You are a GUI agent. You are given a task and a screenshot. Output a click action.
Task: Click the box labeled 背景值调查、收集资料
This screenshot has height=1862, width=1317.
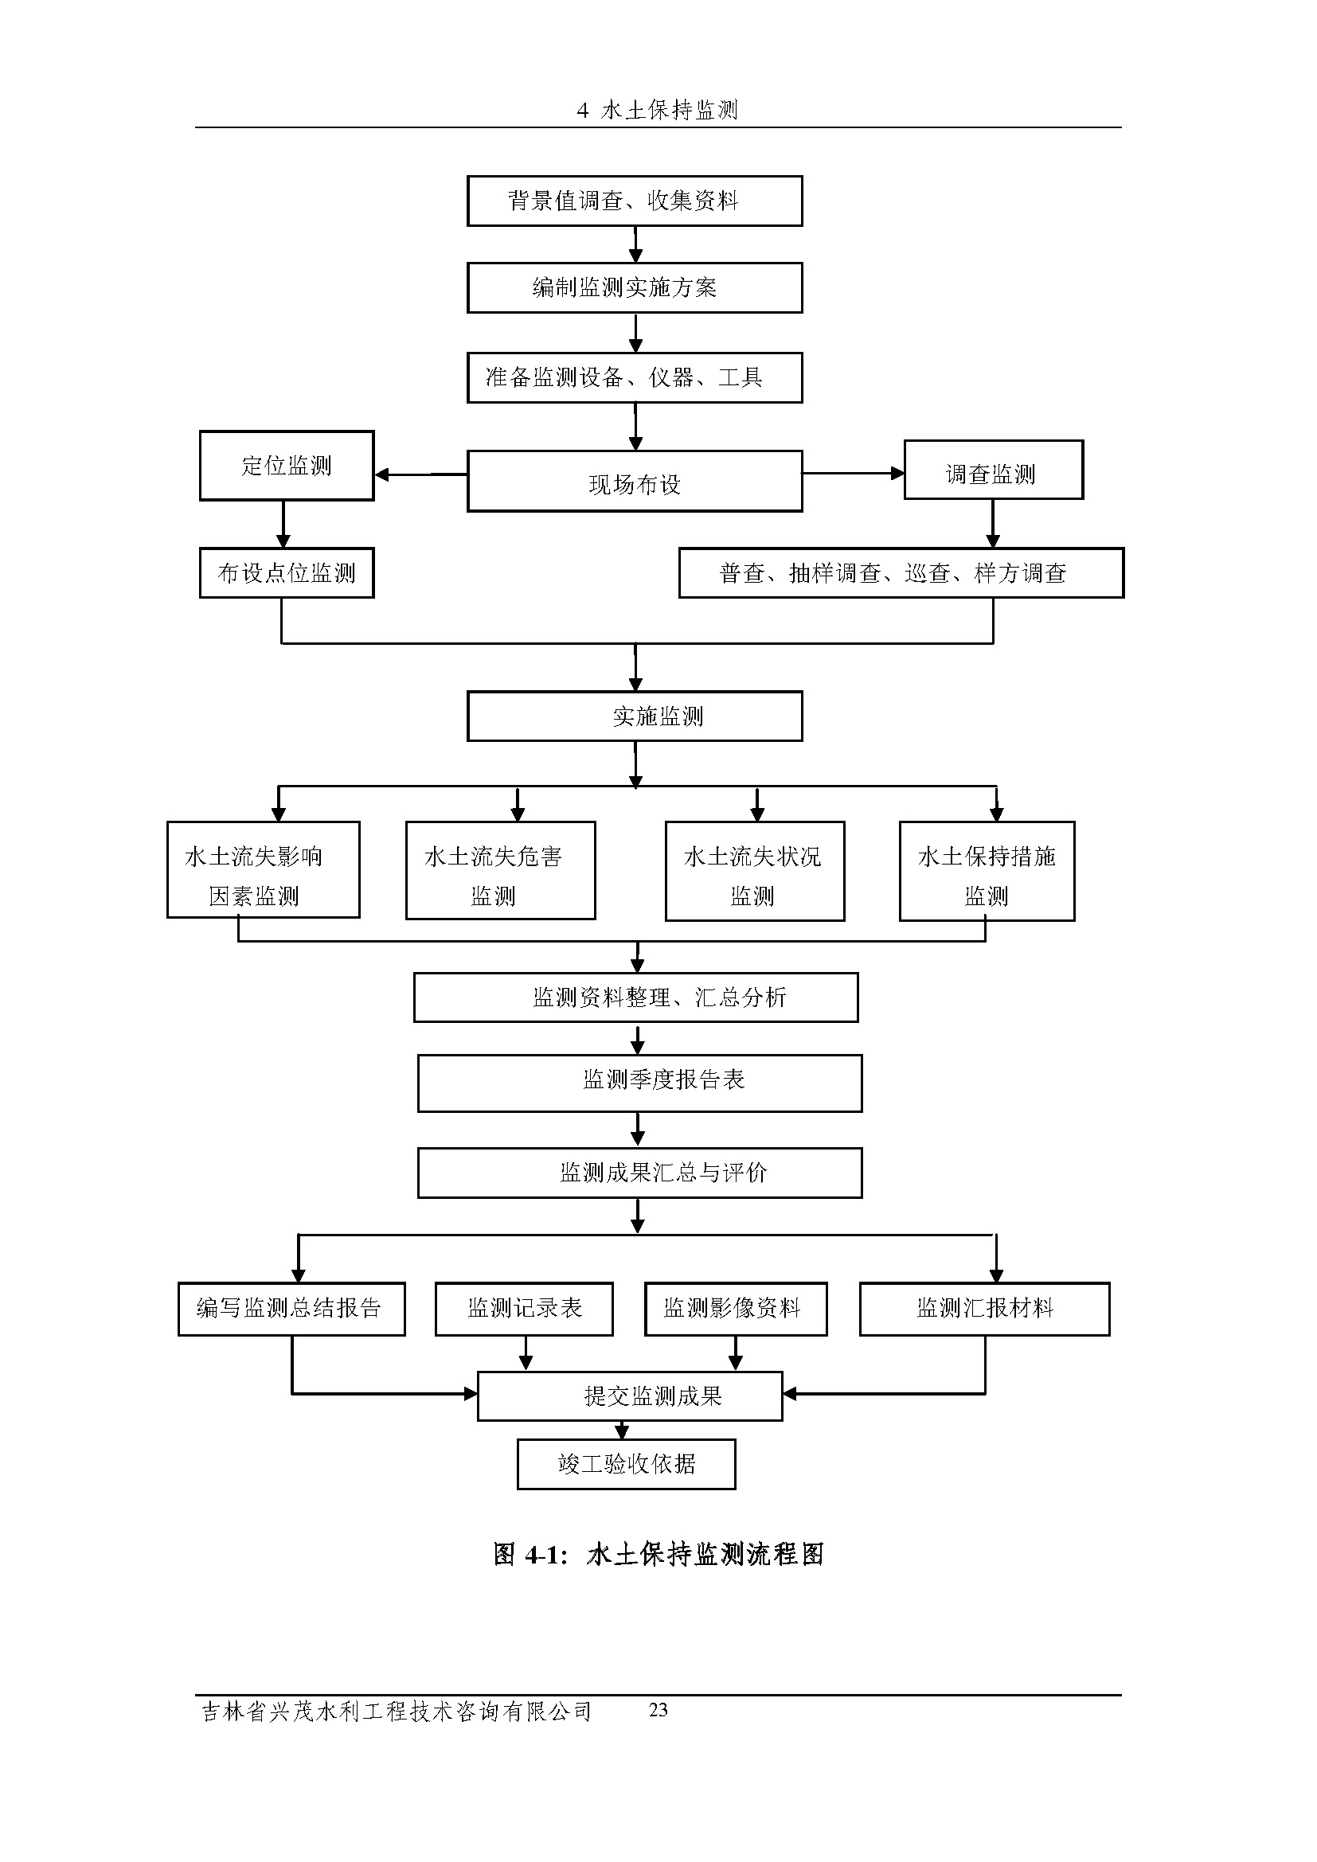coord(634,201)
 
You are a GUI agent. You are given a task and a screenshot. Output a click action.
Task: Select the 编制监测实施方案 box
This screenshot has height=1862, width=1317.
coord(634,287)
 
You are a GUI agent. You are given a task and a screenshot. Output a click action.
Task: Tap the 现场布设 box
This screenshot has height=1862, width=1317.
coord(634,481)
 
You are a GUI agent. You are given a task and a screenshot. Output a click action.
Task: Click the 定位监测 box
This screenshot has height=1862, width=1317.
coord(287,466)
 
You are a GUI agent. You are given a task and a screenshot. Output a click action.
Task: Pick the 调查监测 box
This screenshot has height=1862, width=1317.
coord(993,470)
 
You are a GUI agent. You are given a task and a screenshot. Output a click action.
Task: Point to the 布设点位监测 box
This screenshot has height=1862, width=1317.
coord(287,573)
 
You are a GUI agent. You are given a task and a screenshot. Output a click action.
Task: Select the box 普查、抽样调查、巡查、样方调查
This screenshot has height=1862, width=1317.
coord(901,573)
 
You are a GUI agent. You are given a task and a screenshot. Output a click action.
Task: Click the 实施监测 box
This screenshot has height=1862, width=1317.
coord(634,716)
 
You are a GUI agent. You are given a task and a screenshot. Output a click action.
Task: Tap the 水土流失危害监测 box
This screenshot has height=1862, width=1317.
coord(500,870)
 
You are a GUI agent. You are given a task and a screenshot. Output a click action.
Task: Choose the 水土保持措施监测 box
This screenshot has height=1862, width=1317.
coord(986,871)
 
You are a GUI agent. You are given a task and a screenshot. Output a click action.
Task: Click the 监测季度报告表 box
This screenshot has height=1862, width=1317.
coord(639,1083)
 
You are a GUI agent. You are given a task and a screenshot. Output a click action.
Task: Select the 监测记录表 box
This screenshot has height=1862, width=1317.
coord(524,1308)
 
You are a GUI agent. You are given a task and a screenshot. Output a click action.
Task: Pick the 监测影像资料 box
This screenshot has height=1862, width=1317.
coord(736,1308)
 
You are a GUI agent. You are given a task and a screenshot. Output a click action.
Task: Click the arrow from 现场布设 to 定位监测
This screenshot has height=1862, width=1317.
coord(420,474)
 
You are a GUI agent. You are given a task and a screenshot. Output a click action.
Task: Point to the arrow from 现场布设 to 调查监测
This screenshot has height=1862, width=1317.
coord(853,473)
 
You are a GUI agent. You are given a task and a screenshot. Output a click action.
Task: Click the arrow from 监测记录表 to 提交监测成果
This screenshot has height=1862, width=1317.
coord(526,1353)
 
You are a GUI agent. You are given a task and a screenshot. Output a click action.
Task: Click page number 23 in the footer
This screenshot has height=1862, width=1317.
coord(658,1709)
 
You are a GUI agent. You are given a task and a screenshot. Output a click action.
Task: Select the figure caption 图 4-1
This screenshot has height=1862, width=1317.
coord(658,1555)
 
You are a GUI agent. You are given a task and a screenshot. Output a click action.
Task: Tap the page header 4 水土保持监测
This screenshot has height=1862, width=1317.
coord(658,111)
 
